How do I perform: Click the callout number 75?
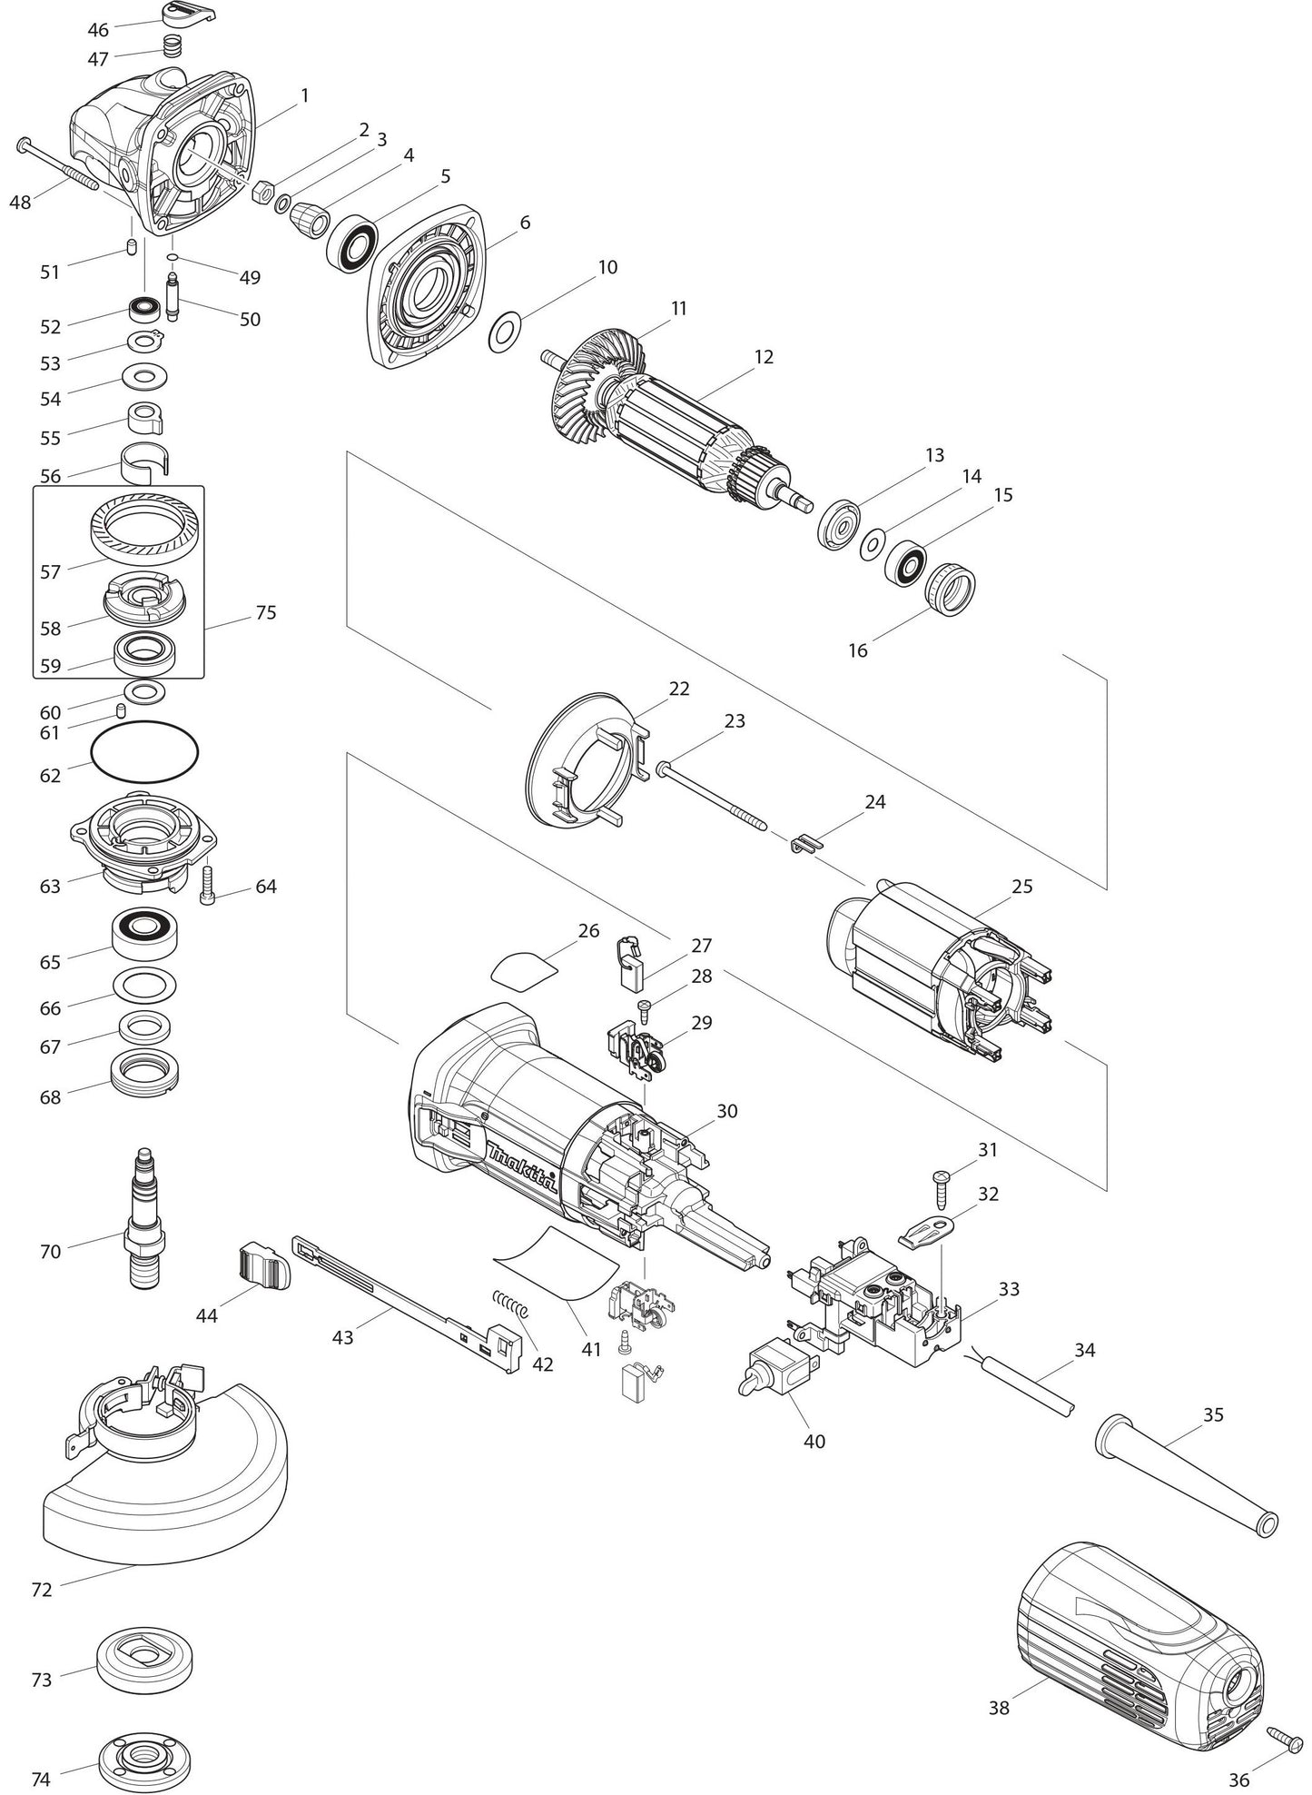tap(265, 612)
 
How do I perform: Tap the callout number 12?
tap(764, 357)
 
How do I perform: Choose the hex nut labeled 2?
tap(263, 192)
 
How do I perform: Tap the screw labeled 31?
tap(942, 1186)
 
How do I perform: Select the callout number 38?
tap(999, 1708)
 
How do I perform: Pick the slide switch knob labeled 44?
tap(264, 1265)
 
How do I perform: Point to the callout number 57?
tap(50, 572)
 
